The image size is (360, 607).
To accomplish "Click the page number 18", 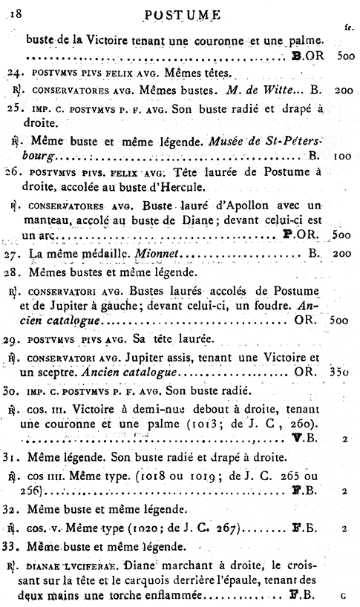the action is [14, 13].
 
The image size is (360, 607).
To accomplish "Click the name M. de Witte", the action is [255, 89].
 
